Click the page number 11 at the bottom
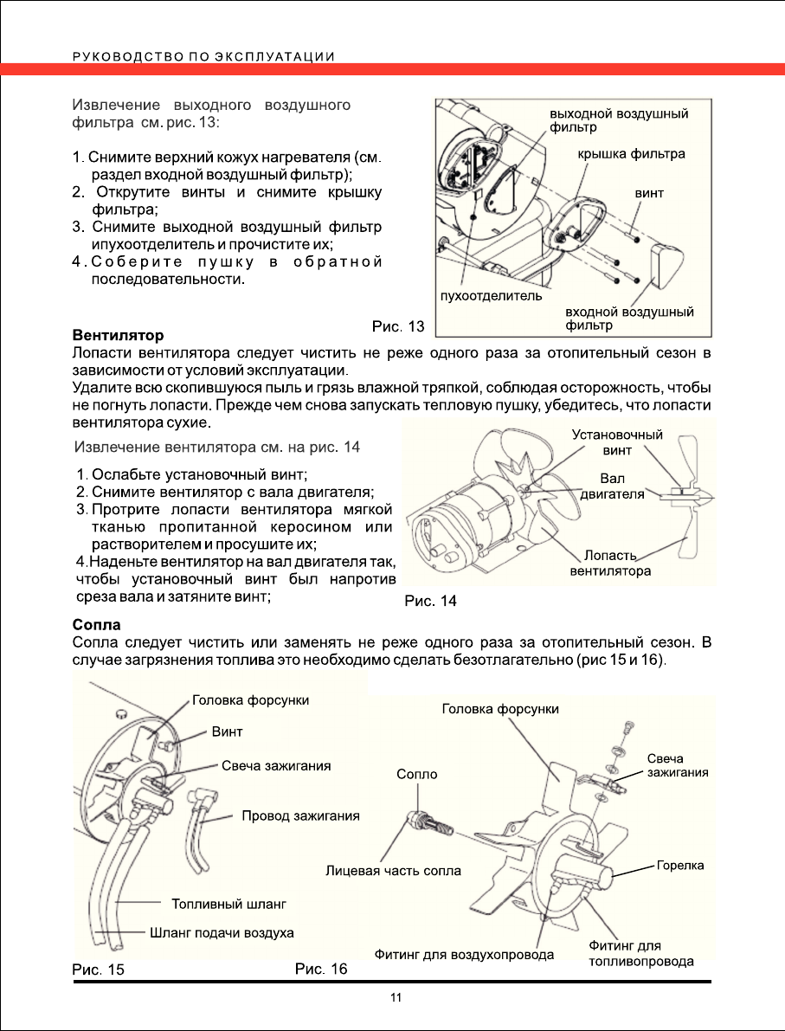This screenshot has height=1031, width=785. [x=396, y=998]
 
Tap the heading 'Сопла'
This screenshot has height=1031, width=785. [x=95, y=624]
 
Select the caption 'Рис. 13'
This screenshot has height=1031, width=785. [x=398, y=326]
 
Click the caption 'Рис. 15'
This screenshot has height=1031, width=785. [x=98, y=970]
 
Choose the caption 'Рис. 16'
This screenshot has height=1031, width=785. [x=321, y=969]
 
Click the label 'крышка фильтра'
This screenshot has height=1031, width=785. [x=632, y=154]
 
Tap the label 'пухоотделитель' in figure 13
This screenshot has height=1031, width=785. [x=492, y=295]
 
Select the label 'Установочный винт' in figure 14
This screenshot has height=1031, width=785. [x=618, y=442]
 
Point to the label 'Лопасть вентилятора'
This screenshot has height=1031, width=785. [x=610, y=563]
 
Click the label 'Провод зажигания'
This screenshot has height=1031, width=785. [x=300, y=815]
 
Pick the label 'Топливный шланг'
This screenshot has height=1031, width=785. [x=228, y=904]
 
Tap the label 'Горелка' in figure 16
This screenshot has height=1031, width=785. [x=680, y=865]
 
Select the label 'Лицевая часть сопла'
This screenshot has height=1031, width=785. [x=393, y=870]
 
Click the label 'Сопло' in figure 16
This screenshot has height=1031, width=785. [x=416, y=774]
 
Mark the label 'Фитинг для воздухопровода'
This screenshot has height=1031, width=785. [x=464, y=955]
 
